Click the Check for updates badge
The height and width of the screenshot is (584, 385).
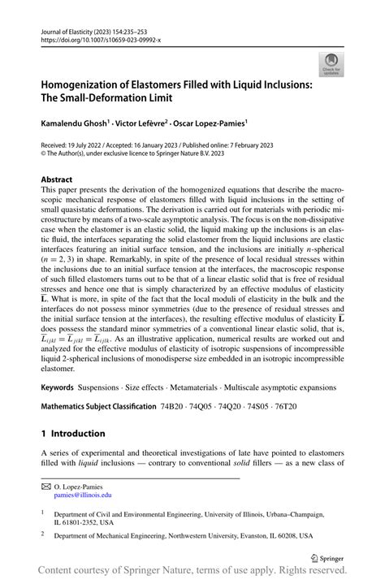(331, 64)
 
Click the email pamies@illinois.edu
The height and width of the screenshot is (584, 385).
(83, 493)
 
